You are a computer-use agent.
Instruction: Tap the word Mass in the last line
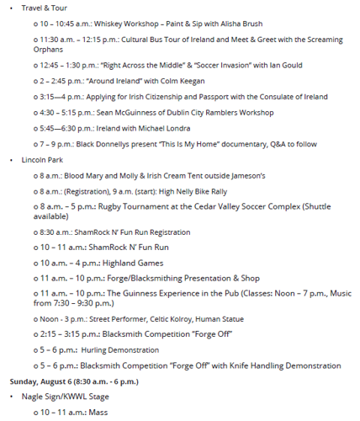(98, 412)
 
